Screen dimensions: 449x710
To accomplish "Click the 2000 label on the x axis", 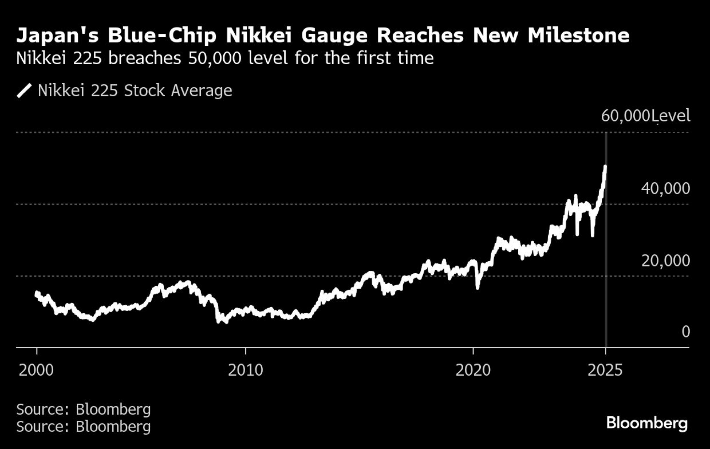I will (x=36, y=370).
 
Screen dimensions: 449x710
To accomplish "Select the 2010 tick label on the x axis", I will (x=245, y=370).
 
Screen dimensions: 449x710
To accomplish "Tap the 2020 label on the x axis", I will (x=473, y=370).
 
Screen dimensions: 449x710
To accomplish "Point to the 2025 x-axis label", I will (x=605, y=370).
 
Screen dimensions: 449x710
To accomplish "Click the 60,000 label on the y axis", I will (x=625, y=116).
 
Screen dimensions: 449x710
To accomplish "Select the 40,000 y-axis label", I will (x=665, y=188).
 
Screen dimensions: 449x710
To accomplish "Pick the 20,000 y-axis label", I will (x=665, y=261).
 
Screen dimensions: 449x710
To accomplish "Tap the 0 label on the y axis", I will (x=686, y=332).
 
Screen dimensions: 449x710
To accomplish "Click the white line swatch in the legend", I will (x=24, y=91).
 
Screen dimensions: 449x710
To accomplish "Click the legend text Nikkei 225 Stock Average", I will (x=135, y=91).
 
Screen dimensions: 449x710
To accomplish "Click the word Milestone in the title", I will (x=578, y=35).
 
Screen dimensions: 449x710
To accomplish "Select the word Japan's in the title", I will (x=57, y=35).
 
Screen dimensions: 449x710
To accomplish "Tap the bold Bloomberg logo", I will (x=647, y=423).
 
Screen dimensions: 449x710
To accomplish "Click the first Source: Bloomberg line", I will (x=83, y=409).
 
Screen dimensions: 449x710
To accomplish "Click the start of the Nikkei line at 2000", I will (x=37, y=293).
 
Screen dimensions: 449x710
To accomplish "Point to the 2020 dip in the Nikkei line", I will (x=477, y=287).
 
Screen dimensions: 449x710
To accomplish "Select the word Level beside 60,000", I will (x=671, y=116).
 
